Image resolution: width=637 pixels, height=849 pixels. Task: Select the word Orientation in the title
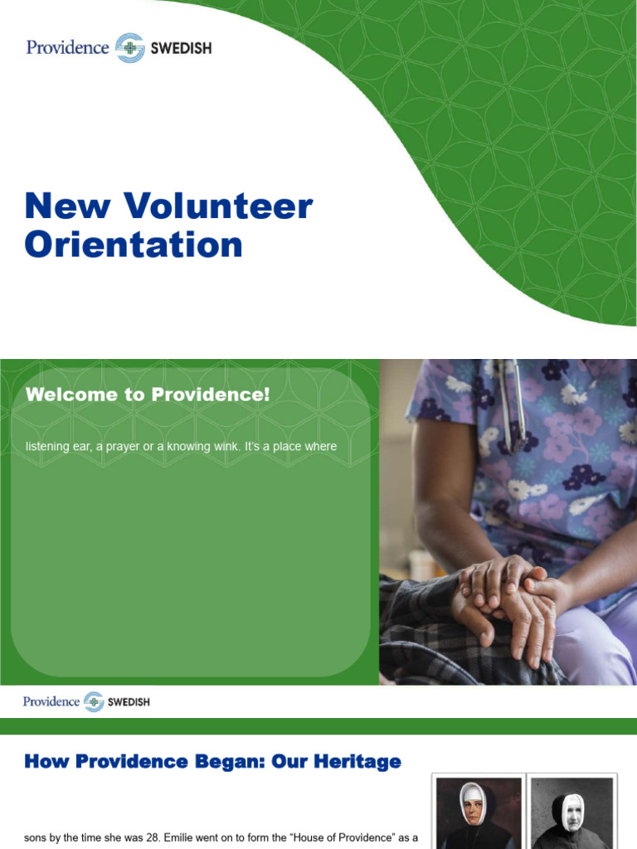134,245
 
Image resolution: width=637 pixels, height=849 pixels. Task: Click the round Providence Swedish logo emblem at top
129,48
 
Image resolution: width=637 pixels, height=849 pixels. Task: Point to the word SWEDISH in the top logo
180,48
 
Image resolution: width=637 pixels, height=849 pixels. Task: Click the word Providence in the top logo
68,47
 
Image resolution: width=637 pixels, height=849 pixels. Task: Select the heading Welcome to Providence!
148,395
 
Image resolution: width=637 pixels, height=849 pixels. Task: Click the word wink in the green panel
208,447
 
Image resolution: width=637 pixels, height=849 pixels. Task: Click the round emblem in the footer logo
94,701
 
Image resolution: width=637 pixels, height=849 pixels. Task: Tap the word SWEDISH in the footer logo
129,702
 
